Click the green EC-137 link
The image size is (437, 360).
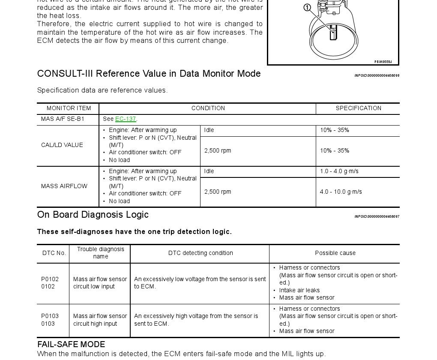(x=126, y=119)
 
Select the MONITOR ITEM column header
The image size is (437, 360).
(x=69, y=108)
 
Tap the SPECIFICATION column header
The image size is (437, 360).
(x=358, y=108)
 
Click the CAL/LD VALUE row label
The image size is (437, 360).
(x=62, y=145)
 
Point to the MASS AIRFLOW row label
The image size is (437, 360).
(x=64, y=186)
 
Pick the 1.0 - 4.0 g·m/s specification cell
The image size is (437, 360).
(x=339, y=171)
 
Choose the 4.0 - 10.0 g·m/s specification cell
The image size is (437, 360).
(x=341, y=192)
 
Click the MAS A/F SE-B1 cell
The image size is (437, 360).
(x=63, y=119)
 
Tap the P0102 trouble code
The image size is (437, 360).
(x=50, y=279)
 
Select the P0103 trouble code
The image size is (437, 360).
(x=50, y=316)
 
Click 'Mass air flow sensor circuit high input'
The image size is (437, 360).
(x=100, y=320)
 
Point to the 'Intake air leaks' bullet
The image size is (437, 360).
(x=299, y=291)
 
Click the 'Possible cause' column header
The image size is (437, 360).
(x=335, y=253)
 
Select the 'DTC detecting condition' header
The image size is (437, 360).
(x=201, y=253)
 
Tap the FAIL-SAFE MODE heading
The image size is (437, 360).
(x=71, y=345)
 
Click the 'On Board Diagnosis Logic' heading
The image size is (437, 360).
(x=93, y=215)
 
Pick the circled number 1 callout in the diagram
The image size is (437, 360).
(x=307, y=8)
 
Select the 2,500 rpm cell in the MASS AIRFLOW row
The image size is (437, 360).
(x=218, y=192)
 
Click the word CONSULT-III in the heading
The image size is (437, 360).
(x=65, y=74)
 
